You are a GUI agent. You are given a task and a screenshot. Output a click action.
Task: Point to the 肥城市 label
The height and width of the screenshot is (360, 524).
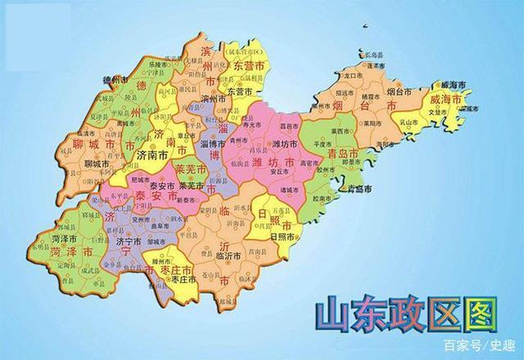(142, 178)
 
